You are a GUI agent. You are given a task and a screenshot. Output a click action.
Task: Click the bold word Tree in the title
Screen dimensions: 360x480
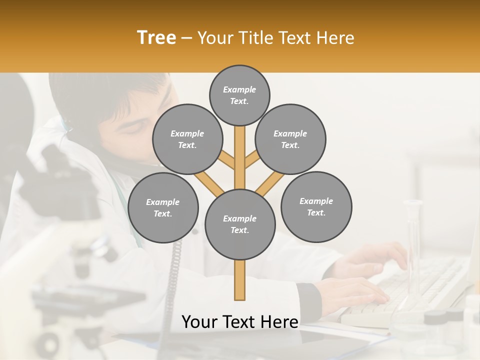click(x=156, y=38)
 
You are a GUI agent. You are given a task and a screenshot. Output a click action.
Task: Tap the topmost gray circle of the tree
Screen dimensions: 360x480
click(x=239, y=95)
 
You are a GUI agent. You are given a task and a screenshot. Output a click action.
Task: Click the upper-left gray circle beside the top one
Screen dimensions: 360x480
click(x=187, y=139)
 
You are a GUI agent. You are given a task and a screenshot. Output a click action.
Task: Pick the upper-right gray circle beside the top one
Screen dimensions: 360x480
click(x=290, y=139)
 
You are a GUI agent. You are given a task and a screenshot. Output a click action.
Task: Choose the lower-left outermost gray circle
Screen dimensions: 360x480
click(x=163, y=207)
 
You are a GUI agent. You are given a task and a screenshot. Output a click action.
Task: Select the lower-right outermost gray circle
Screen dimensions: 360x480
click(x=316, y=206)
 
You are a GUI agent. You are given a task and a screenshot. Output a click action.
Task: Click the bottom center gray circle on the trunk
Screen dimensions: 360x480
click(x=240, y=224)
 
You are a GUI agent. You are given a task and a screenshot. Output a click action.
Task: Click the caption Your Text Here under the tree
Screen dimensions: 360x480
click(x=240, y=322)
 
